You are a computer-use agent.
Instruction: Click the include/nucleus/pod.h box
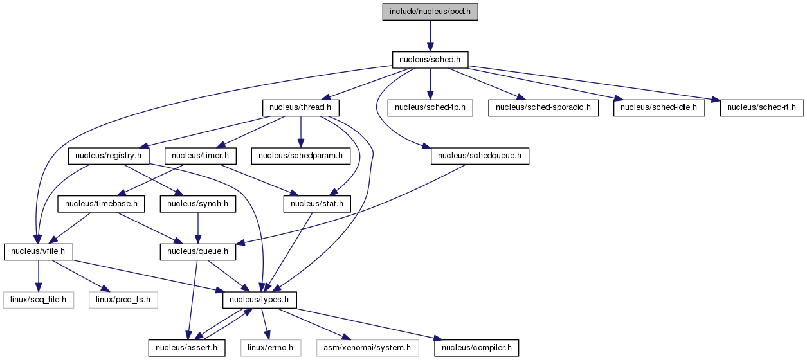[430, 12]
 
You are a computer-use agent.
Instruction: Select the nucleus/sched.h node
[430, 60]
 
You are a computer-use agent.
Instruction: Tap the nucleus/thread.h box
[300, 107]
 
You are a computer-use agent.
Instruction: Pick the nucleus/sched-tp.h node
[430, 107]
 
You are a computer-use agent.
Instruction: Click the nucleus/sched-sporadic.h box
[543, 107]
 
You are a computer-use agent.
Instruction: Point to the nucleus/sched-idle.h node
[659, 107]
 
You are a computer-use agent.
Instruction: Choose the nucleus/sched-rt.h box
[762, 107]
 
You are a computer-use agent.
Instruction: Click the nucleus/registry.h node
[109, 156]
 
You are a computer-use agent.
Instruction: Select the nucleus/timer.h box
[201, 156]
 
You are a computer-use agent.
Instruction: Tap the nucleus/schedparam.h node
[301, 156]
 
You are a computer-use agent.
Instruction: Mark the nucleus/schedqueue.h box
[480, 156]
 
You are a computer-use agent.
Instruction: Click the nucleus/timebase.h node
[101, 204]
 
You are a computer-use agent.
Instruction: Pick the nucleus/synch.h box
[198, 204]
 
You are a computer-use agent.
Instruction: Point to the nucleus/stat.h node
[317, 204]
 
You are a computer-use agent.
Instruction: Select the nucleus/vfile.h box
[38, 251]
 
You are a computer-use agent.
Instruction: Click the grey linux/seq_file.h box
[39, 300]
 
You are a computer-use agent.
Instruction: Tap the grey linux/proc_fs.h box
[123, 300]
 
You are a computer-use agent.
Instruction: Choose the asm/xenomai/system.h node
[367, 348]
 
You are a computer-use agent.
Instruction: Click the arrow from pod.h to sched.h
[430, 36]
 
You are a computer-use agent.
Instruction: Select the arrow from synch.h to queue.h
[198, 228]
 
